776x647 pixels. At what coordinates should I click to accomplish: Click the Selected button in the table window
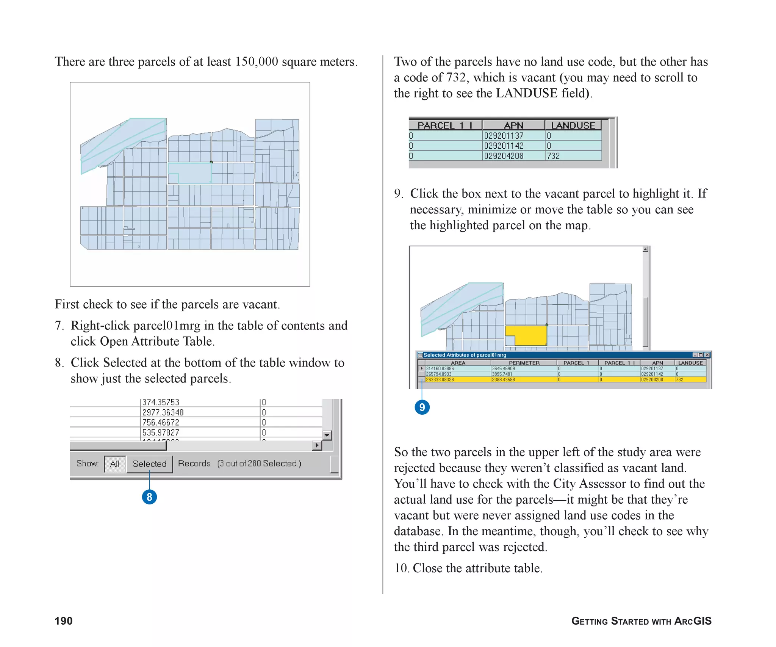point(150,464)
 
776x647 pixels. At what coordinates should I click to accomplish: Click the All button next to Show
point(115,464)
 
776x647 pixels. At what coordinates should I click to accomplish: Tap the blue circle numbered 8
point(149,497)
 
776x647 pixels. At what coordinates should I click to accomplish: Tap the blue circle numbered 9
point(422,407)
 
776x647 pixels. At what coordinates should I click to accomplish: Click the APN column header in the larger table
point(513,125)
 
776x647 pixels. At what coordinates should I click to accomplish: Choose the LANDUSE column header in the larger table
point(573,125)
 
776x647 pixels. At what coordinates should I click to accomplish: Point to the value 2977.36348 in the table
point(163,412)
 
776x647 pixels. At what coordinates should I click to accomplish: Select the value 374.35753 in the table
point(161,402)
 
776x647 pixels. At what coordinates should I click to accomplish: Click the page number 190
point(64,621)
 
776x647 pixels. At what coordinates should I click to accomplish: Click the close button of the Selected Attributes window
point(707,355)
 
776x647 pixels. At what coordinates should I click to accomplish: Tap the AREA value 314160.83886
point(440,368)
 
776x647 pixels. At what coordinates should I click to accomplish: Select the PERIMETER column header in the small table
point(524,363)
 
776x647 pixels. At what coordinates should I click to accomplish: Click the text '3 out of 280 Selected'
point(259,464)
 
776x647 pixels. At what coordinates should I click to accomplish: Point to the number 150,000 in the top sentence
point(257,62)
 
